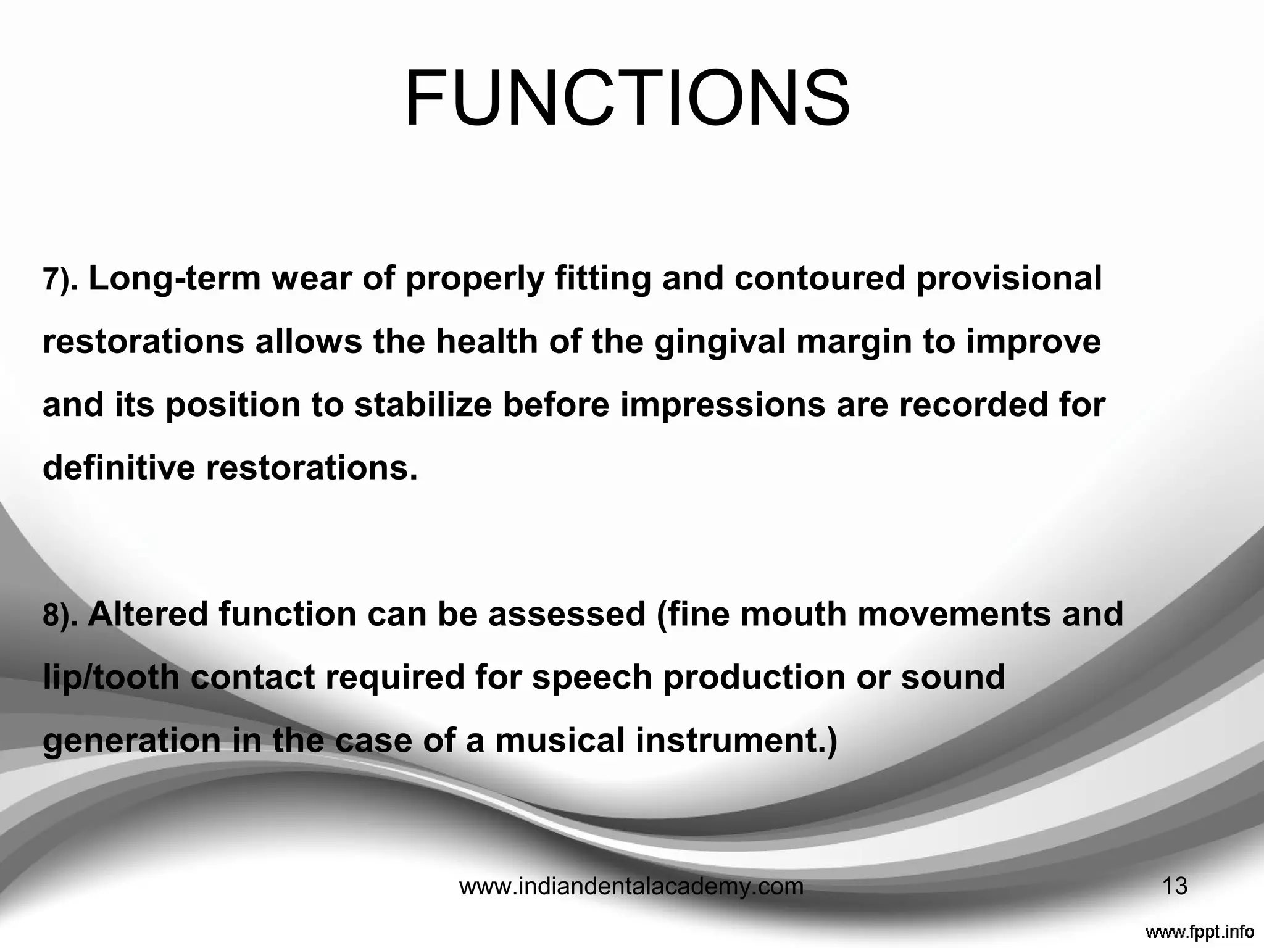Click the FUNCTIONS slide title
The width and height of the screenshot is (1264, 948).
tap(627, 99)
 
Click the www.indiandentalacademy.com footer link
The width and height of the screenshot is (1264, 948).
tap(631, 887)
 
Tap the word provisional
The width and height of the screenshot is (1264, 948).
tap(1009, 279)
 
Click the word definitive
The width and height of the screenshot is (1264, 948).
tap(118, 468)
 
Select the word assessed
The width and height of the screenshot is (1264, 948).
tap(567, 615)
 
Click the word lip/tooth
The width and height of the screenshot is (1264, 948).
tap(110, 678)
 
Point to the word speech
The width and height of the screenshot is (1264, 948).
tap(592, 678)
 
